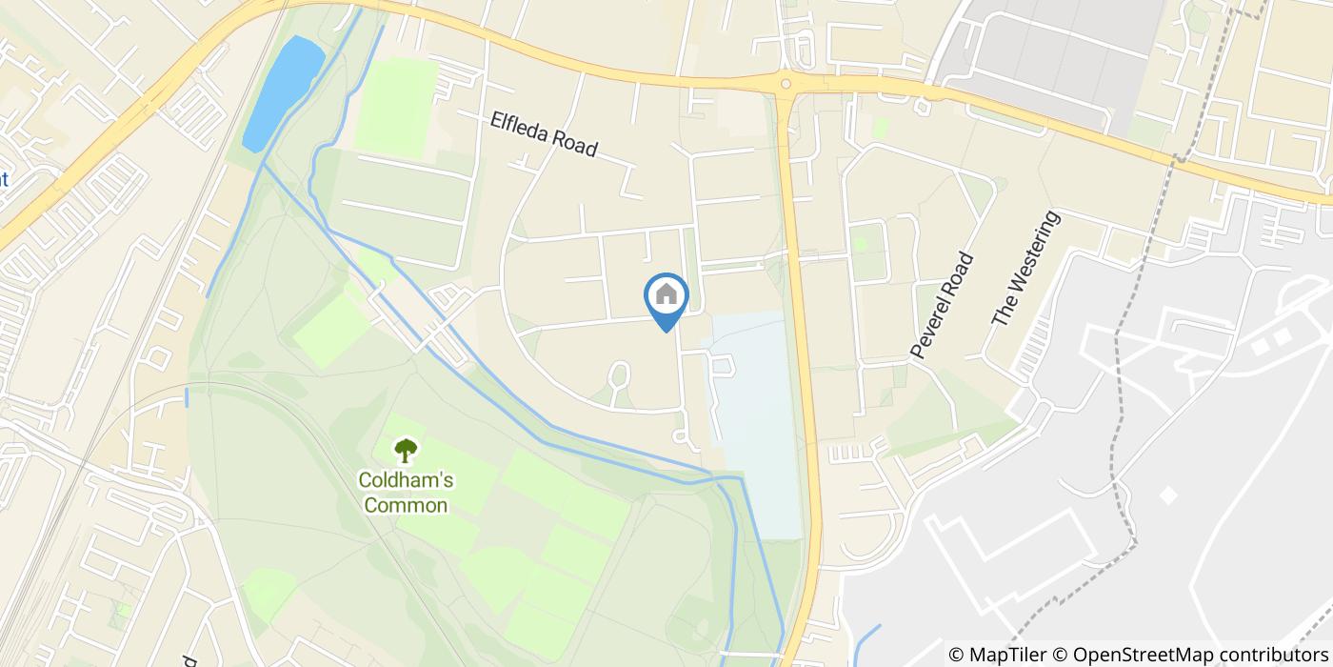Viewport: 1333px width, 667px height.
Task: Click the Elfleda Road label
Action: (544, 134)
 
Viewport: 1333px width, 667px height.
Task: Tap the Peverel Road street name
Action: (943, 305)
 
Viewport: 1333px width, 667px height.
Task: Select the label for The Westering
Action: (1025, 269)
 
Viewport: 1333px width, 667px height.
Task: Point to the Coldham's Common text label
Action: (406, 493)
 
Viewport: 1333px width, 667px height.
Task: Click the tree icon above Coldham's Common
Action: (406, 450)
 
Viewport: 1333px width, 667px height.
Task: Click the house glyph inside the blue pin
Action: (666, 293)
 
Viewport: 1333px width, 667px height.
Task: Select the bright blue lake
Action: (283, 92)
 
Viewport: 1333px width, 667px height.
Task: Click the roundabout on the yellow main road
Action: (786, 84)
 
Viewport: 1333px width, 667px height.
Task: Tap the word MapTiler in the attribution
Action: (1007, 655)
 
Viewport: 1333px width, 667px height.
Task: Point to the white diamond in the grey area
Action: (1168, 495)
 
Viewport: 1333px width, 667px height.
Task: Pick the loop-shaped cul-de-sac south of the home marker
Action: (619, 373)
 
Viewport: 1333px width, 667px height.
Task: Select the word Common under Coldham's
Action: (406, 505)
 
